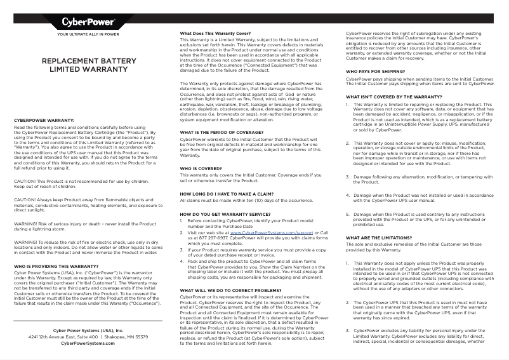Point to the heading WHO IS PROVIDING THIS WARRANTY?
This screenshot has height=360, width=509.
56,266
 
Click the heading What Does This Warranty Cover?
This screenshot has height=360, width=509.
216,33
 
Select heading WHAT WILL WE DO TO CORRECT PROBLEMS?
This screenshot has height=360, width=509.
228,290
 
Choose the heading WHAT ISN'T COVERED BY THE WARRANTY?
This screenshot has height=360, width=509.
393,97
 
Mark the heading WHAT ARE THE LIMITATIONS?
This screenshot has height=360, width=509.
379,237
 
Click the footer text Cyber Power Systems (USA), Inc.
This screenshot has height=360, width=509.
88,330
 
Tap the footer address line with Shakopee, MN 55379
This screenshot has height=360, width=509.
88,337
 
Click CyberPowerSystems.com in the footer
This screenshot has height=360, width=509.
88,343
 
